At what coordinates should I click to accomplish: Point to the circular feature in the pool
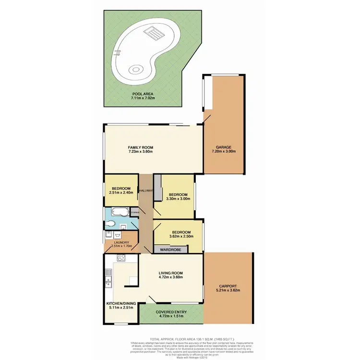pos(136,70)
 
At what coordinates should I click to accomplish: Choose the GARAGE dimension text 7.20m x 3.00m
pos(224,152)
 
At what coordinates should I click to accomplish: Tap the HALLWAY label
pos(145,191)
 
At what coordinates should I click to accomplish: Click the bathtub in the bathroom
pos(118,212)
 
